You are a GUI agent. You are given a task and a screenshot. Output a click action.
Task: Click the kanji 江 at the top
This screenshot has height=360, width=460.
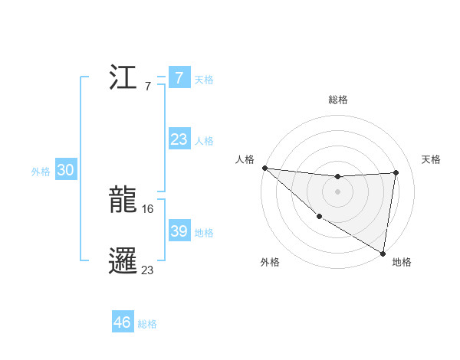pyautogui.click(x=123, y=78)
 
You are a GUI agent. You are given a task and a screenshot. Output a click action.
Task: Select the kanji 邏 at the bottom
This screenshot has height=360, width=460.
pyautogui.click(x=123, y=261)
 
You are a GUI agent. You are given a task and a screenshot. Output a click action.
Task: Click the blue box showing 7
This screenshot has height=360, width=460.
pyautogui.click(x=179, y=78)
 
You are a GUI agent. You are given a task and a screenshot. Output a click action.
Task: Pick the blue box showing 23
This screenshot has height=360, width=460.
pyautogui.click(x=179, y=139)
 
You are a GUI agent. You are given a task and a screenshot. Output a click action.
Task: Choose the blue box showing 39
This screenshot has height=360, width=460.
pyautogui.click(x=179, y=231)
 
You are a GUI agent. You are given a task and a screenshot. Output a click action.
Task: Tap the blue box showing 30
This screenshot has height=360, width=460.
pyautogui.click(x=65, y=171)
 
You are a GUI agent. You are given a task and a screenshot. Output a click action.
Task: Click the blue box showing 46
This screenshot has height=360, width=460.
pyautogui.click(x=123, y=322)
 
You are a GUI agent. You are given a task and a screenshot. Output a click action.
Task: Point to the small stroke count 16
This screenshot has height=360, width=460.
pyautogui.click(x=149, y=208)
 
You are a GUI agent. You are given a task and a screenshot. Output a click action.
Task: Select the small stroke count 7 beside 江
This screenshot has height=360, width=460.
pyautogui.click(x=147, y=86)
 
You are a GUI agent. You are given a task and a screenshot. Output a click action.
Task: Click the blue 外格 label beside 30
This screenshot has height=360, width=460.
pyautogui.click(x=41, y=172)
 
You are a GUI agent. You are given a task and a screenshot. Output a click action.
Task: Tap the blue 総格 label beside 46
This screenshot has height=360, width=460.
pyautogui.click(x=147, y=324)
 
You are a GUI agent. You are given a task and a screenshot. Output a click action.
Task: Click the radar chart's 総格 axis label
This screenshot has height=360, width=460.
pyautogui.click(x=338, y=100)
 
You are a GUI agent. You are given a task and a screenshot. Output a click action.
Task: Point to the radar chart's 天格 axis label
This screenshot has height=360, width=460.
pyautogui.click(x=431, y=159)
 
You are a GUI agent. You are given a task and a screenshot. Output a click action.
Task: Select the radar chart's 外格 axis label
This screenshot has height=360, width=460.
pyautogui.click(x=270, y=262)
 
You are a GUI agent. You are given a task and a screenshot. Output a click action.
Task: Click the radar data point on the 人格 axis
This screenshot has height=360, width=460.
pyautogui.click(x=264, y=167)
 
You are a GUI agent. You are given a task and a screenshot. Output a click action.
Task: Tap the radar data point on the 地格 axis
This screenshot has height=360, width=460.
pyautogui.click(x=383, y=252)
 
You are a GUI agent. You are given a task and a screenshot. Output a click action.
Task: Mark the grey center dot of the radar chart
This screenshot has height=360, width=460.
pyautogui.click(x=337, y=191)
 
